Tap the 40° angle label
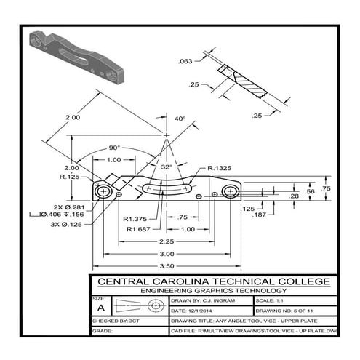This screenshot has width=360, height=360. (x=180, y=119)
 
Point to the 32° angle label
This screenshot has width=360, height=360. (x=167, y=167)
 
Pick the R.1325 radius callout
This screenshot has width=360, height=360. (x=220, y=168)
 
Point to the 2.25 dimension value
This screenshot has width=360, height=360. (x=167, y=241)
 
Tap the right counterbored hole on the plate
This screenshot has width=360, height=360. (x=231, y=192)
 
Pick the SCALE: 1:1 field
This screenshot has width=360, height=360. (x=273, y=300)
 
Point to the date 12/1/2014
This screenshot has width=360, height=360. (x=193, y=309)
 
